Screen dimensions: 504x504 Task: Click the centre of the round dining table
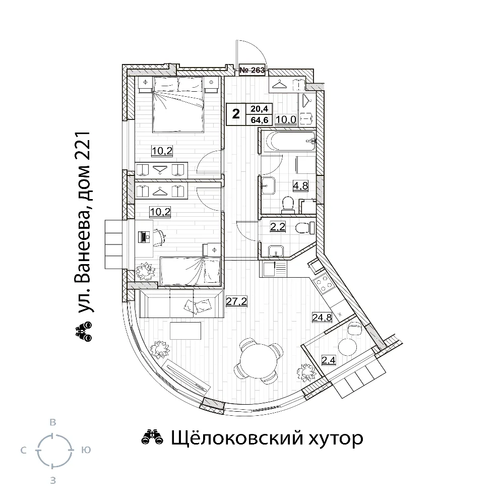(x=258, y=360)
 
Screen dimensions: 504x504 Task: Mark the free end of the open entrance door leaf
(x=236, y=40)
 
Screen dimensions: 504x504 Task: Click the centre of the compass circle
(x=54, y=450)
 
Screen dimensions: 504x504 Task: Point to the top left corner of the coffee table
(x=170, y=323)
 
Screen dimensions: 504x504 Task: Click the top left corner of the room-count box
(x=227, y=103)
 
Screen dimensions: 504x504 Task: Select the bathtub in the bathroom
(x=288, y=142)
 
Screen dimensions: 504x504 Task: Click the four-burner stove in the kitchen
(x=323, y=284)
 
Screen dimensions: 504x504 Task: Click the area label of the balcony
(x=329, y=360)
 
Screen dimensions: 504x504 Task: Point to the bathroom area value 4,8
(x=300, y=185)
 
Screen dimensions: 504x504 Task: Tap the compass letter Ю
(x=86, y=450)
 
